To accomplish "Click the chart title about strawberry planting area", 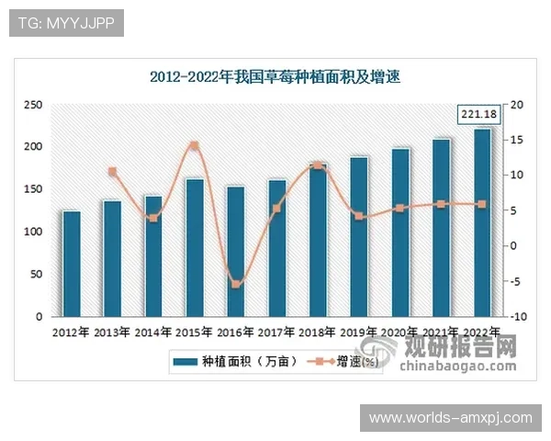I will click(x=275, y=77).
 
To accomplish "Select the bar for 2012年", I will click(x=71, y=264).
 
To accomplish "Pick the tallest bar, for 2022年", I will click(x=481, y=222).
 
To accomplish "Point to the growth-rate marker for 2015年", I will click(x=194, y=145).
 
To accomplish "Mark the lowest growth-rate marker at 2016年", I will click(x=235, y=285).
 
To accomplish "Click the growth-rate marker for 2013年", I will click(x=112, y=172).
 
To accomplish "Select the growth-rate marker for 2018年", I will click(x=317, y=165).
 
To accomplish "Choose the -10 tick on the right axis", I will click(x=518, y=317).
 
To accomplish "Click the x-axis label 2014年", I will click(x=153, y=333).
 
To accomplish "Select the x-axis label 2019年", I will click(x=358, y=333).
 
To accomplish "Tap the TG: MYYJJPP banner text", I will click(x=66, y=23).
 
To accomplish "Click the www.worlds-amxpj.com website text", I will click(x=450, y=418).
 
